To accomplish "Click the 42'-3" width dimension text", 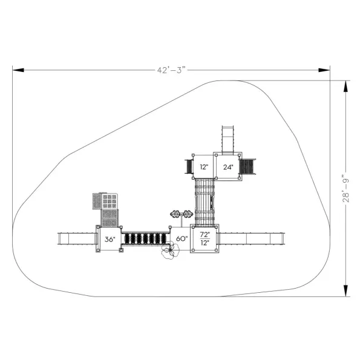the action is point(171,70).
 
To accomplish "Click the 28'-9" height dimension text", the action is point(345,188).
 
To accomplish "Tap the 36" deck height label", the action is point(110,239).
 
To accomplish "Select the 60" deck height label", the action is point(182,238).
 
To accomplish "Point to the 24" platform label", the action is point(228,167).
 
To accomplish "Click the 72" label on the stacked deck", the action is point(205,234).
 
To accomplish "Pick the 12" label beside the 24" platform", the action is point(204,167).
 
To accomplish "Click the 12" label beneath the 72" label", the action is point(205,243).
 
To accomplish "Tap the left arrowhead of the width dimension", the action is point(18,70).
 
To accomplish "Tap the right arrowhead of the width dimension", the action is point(324,70).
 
